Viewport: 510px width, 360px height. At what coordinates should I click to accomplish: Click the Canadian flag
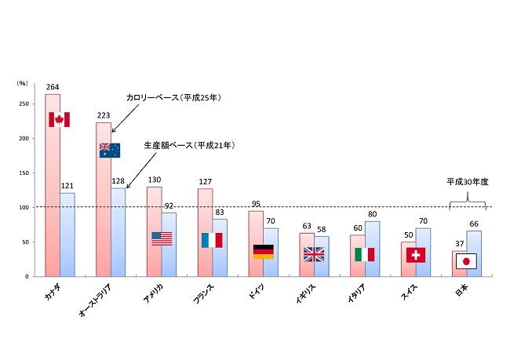(x=59, y=119)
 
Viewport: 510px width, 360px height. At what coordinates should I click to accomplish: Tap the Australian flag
(x=110, y=150)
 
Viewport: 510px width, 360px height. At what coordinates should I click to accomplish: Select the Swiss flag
(x=416, y=255)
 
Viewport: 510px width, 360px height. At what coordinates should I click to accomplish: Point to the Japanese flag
(x=466, y=261)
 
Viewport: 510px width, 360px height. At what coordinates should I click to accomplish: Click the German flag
(x=263, y=252)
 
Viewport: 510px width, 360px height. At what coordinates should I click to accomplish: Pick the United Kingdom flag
(x=314, y=254)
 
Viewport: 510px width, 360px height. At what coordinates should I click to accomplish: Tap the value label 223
(x=104, y=116)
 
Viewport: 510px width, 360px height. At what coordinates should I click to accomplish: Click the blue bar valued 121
(x=67, y=235)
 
